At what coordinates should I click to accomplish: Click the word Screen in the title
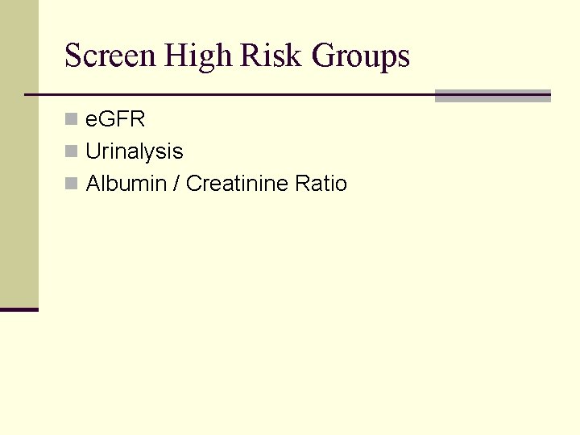pyautogui.click(x=110, y=56)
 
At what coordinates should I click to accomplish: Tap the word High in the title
pyautogui.click(x=197, y=56)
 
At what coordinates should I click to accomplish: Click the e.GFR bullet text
pyautogui.click(x=115, y=120)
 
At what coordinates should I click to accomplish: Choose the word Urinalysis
pyautogui.click(x=135, y=152)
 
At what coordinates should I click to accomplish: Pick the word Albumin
pyautogui.click(x=124, y=184)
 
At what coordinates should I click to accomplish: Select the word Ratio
pyautogui.click(x=321, y=184)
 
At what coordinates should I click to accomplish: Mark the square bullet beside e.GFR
pyautogui.click(x=72, y=120)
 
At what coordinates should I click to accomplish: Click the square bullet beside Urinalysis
pyautogui.click(x=72, y=151)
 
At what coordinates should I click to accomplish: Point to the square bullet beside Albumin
pyautogui.click(x=72, y=184)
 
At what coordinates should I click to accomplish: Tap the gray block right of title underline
pyautogui.click(x=492, y=96)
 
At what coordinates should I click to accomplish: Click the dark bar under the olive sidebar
pyautogui.click(x=19, y=309)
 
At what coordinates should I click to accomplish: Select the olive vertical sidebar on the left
pyautogui.click(x=19, y=153)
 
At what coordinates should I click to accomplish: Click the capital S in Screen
pyautogui.click(x=73, y=56)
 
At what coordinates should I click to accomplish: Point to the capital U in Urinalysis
pyautogui.click(x=93, y=151)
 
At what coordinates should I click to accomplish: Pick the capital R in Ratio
pyautogui.click(x=302, y=184)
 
